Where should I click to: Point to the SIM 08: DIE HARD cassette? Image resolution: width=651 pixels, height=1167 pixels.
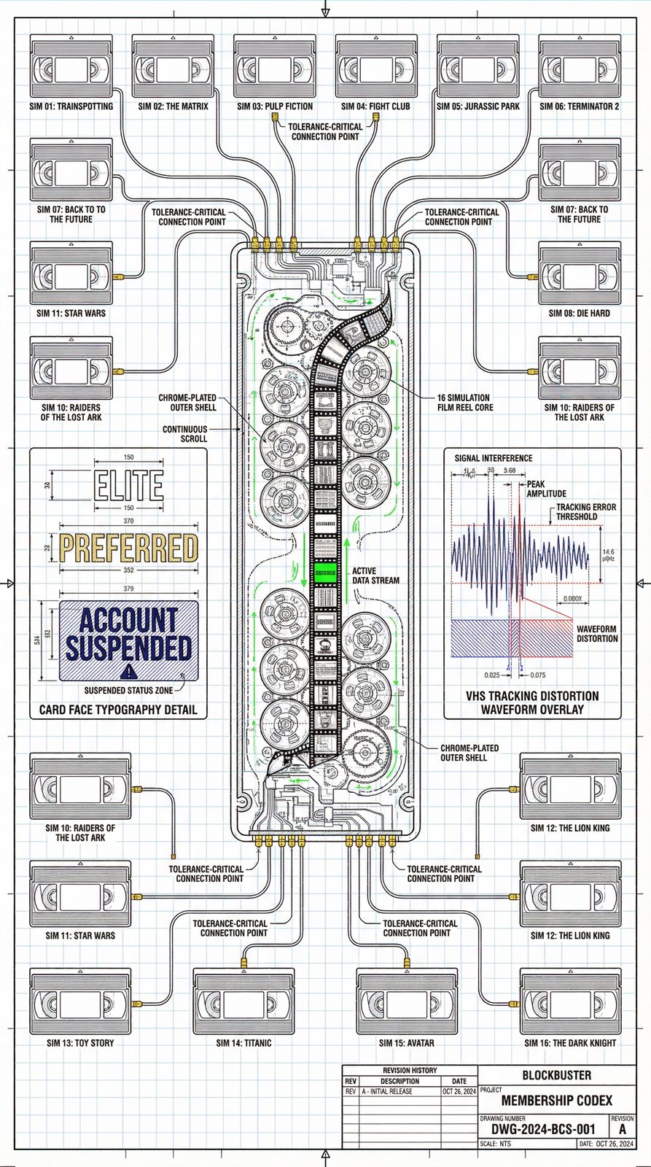pyautogui.click(x=580, y=274)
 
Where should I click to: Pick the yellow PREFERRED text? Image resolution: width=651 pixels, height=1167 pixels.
pyautogui.click(x=128, y=548)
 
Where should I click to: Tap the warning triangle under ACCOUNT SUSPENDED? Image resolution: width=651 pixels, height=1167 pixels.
pyautogui.click(x=128, y=672)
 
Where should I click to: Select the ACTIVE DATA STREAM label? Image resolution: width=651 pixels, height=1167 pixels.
pyautogui.click(x=375, y=575)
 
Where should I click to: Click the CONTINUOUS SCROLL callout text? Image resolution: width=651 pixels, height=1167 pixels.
pyautogui.click(x=185, y=434)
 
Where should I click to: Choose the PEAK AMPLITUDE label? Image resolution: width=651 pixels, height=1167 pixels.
pyautogui.click(x=546, y=489)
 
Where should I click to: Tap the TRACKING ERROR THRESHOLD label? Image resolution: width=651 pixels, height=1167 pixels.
pyautogui.click(x=586, y=511)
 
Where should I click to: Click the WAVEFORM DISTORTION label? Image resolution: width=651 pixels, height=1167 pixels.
pyautogui.click(x=597, y=633)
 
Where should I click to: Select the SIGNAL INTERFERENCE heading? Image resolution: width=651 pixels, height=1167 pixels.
pyautogui.click(x=494, y=458)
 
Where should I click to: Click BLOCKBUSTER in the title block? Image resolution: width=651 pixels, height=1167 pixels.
pyautogui.click(x=557, y=1075)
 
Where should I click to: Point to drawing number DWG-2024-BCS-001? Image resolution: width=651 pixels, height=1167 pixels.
pyautogui.click(x=543, y=1129)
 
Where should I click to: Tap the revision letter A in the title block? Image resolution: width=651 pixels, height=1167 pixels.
pyautogui.click(x=622, y=1129)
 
